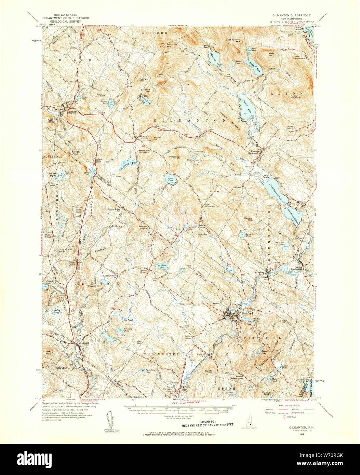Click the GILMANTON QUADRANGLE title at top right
click(x=291, y=15)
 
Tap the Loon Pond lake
click(x=170, y=178)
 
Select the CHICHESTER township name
click(x=161, y=354)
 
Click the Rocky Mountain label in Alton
click(x=295, y=96)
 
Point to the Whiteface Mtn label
click(x=172, y=45)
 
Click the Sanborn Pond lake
click(x=161, y=267)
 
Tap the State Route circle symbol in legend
click(x=284, y=417)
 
